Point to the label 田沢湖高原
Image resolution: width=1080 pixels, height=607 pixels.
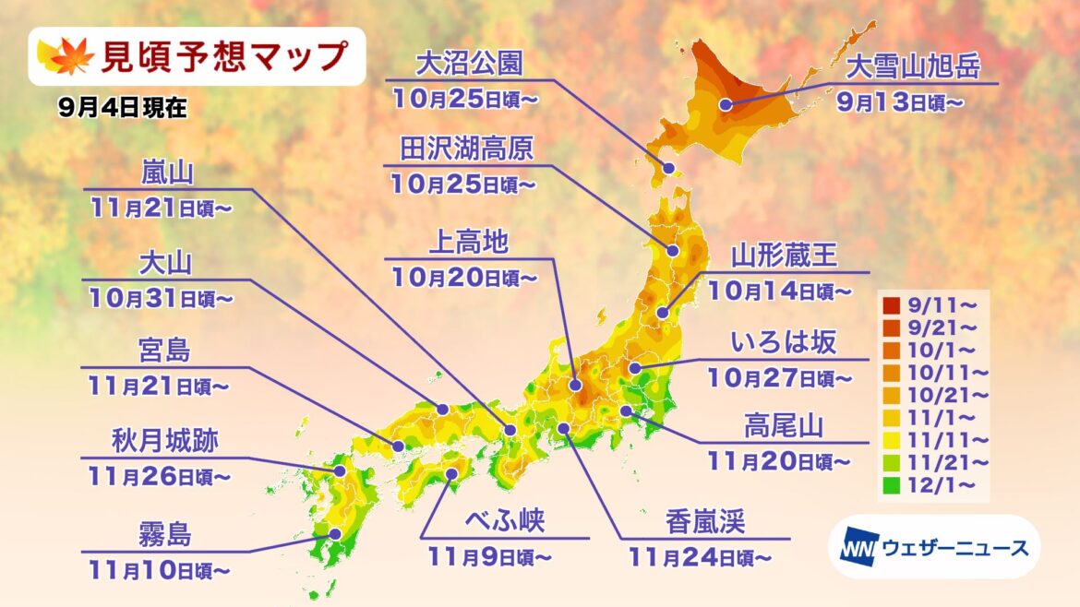[x=467, y=149]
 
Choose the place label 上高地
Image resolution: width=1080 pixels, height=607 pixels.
[x=468, y=242]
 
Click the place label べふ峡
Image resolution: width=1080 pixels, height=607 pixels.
[x=507, y=522]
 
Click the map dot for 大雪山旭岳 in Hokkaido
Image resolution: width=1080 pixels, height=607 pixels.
[x=726, y=105]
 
